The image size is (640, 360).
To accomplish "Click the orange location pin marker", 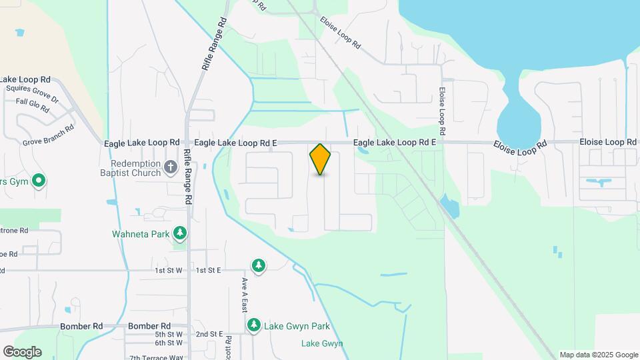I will pos(321,159).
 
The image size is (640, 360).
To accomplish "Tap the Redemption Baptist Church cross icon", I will pos(171,166).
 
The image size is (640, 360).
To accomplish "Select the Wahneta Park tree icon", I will pos(179,233).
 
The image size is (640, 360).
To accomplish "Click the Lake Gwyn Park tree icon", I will pos(254,325).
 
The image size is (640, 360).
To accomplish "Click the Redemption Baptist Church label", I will pos(137,169).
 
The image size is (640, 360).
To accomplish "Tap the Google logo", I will pos(22,351).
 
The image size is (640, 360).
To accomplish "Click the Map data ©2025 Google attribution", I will pos(599,355).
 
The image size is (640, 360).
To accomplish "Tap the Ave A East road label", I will pos(245,295).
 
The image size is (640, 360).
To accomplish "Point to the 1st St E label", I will pos(208,270).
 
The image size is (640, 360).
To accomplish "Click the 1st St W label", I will pos(169,270).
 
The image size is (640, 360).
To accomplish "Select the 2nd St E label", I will pos(209,334).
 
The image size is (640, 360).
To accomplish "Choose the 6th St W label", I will pos(169,343).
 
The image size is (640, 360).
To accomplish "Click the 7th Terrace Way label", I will pos(156,357).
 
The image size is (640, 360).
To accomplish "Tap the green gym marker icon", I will pos(39,180).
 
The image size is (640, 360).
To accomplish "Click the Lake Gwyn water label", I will pos(322,343).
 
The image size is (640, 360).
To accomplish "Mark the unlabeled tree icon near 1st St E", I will pos(258,266).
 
